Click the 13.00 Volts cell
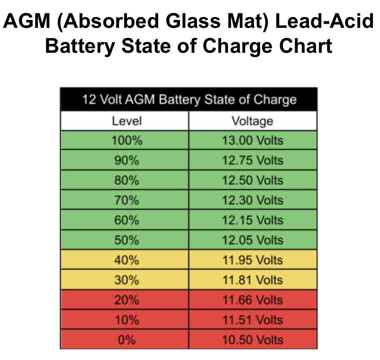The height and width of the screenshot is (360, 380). [x=252, y=141]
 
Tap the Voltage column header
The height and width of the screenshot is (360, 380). [x=252, y=121]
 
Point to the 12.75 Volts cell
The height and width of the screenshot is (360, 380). [x=252, y=160]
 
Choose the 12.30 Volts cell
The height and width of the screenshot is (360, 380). [x=252, y=200]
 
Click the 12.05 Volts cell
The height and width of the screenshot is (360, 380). [x=252, y=240]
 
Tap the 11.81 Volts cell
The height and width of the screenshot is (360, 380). [x=252, y=280]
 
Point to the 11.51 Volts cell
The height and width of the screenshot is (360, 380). [x=252, y=320]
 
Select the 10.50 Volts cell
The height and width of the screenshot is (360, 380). [x=252, y=340]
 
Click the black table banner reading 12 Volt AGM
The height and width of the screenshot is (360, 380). [x=189, y=100]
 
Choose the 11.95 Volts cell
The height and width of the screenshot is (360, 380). [x=252, y=260]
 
